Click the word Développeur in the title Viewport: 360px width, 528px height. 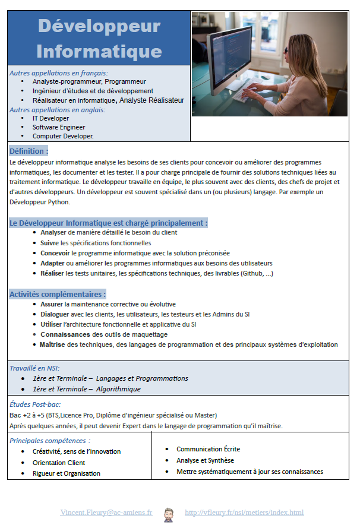pos(99,26)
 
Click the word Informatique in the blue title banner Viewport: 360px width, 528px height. pos(99,50)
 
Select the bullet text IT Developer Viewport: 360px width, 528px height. pos(50,118)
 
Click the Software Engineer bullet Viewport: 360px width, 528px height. pos(59,127)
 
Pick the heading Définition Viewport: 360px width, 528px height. pos(29,151)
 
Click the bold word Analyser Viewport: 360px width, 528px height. pos(53,233)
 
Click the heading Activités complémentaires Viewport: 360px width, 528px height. pos(58,294)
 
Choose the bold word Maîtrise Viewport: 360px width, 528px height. pos(52,344)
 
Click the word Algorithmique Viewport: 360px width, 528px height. pos(118,389)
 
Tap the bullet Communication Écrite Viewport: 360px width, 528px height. pos(208,449)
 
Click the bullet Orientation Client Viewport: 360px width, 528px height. pos(59,463)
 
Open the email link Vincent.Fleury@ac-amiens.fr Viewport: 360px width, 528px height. pos(106,513)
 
